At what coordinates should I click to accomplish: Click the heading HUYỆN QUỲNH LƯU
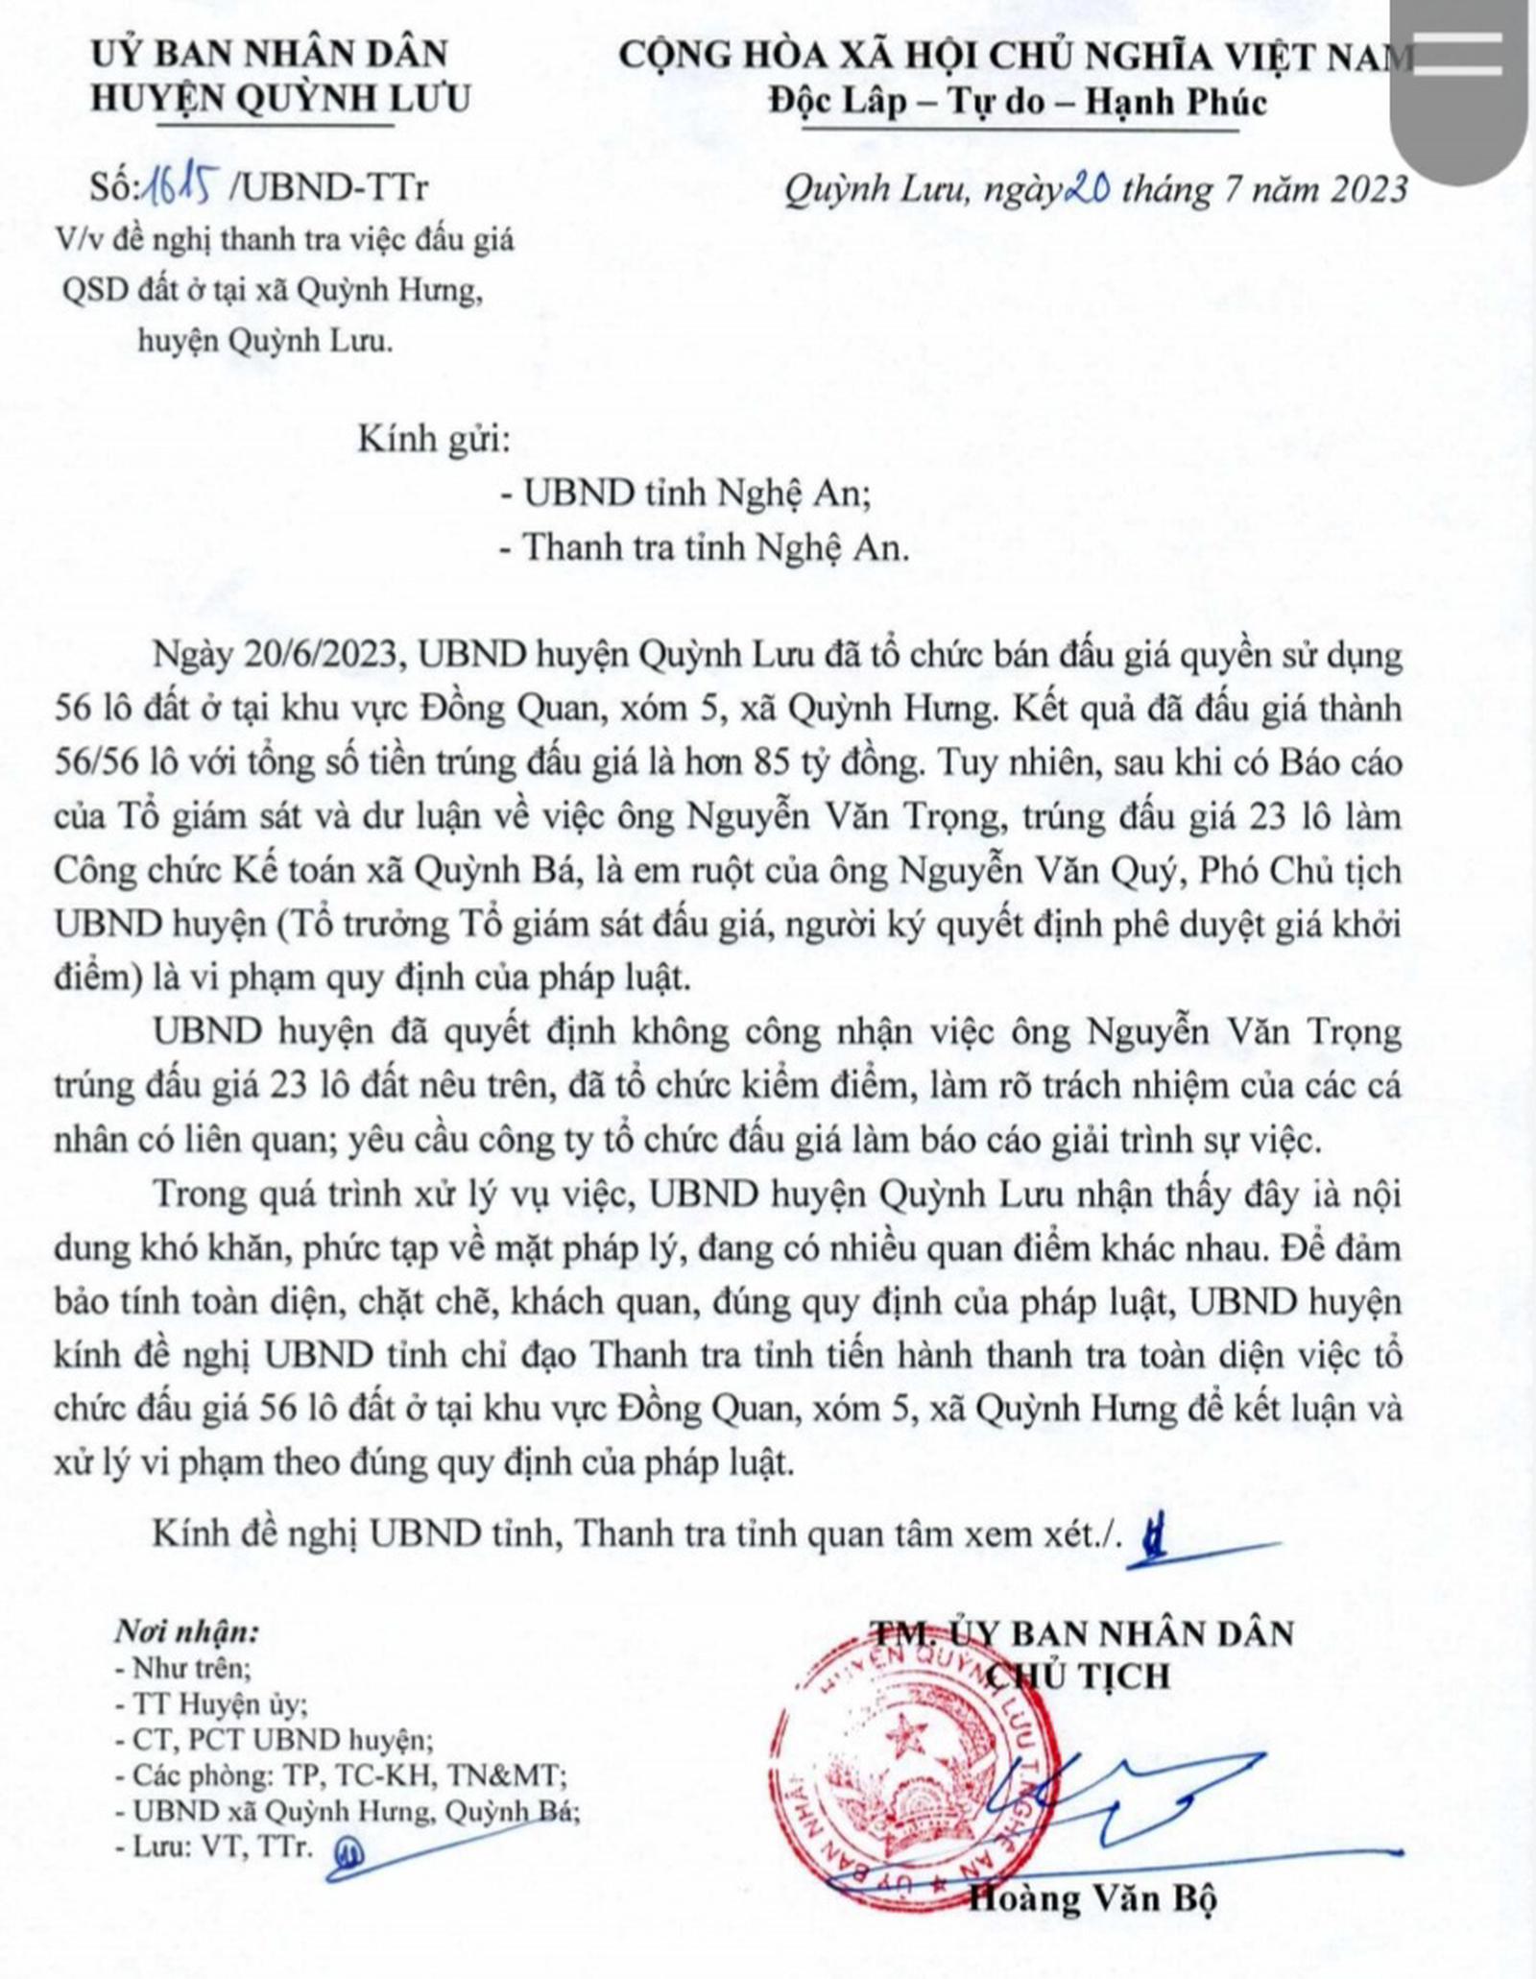280,99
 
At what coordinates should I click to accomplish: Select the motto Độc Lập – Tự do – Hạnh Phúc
1017,103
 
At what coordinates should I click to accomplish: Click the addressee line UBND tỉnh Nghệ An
696,494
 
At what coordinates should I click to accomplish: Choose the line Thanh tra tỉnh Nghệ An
714,547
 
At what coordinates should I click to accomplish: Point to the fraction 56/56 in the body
101,762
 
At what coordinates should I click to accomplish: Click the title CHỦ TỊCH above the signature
1079,1676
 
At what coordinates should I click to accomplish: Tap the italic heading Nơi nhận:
186,1631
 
